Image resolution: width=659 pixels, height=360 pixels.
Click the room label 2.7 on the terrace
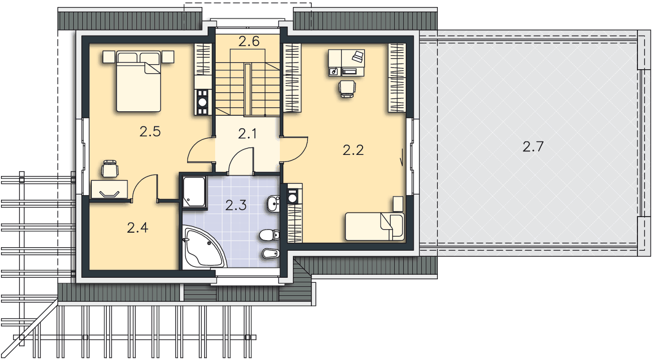533,146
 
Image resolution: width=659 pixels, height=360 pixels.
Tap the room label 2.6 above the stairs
249,42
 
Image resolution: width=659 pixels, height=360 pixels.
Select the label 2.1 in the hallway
247,134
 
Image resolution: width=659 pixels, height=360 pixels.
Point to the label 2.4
137,228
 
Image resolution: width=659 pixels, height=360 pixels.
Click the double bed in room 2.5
138,81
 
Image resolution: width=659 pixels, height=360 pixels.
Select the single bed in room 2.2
375,227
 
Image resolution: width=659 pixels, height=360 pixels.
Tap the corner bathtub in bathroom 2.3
203,247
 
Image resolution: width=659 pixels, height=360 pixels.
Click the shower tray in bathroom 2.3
194,192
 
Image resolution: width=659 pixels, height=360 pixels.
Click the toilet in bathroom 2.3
269,235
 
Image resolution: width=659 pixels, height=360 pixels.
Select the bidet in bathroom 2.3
271,254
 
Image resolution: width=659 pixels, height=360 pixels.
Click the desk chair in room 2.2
347,89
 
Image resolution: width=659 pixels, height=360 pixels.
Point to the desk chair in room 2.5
110,169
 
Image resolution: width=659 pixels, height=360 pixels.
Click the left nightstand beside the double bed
109,57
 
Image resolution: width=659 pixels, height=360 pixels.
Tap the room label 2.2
353,150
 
